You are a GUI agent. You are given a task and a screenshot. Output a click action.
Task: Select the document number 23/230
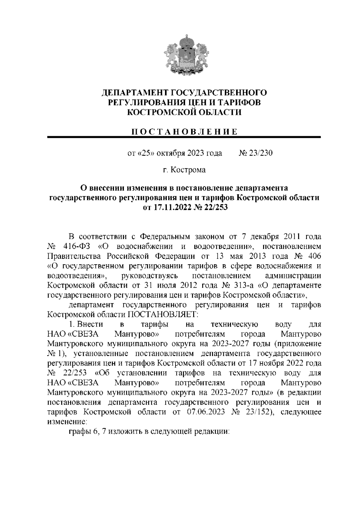click(x=259, y=153)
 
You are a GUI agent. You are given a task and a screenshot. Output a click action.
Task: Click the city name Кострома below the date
click(x=188, y=170)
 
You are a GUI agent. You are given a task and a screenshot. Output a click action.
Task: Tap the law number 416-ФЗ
click(x=77, y=247)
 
